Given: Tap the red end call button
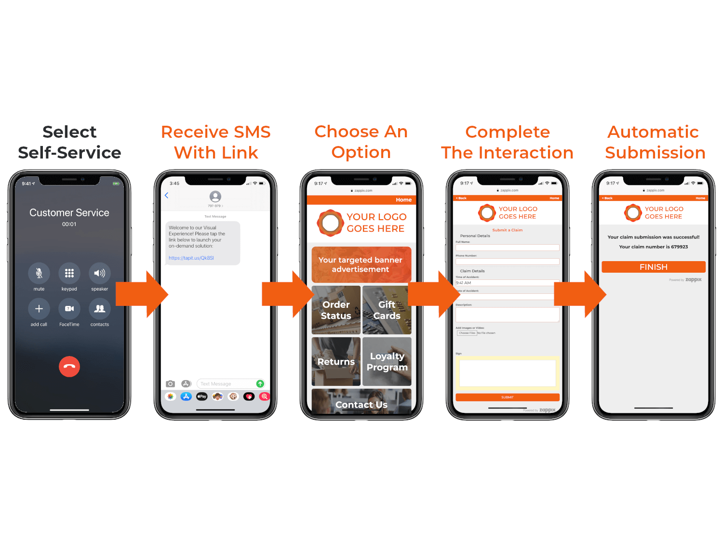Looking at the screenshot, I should coord(69,367).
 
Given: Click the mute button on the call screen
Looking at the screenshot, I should coord(39,273).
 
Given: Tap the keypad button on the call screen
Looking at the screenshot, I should coord(69,273).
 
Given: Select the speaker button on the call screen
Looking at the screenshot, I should coord(100,273).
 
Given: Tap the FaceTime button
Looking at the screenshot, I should coord(69,309).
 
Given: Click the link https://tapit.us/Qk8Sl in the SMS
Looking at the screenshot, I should coord(191,258).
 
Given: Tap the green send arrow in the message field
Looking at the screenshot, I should coord(260,384).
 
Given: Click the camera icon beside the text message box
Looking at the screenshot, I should coord(170,384).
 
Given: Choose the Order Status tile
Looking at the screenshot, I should coord(336,310).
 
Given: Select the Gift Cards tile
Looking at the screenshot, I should coord(387,310).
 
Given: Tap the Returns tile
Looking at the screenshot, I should coord(336,361).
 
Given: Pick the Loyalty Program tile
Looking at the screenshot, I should coord(387,361).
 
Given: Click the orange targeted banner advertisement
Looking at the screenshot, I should coord(361,264).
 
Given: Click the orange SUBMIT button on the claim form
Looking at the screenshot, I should coord(508,397).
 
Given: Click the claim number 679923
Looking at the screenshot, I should coord(680,247).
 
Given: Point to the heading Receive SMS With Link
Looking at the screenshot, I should coord(216,142).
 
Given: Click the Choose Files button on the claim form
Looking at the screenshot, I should coord(467,333).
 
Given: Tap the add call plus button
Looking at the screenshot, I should coord(39,309).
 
